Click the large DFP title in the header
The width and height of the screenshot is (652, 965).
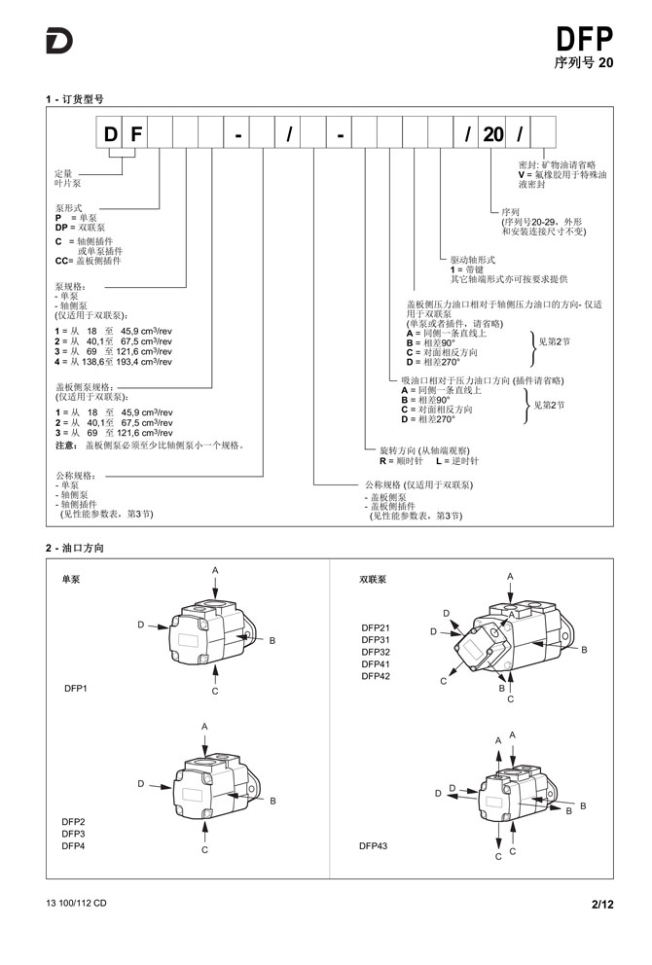(584, 39)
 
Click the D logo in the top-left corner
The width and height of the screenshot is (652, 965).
(59, 41)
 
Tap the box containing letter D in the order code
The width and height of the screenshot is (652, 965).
(110, 133)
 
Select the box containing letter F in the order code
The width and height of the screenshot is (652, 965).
(135, 133)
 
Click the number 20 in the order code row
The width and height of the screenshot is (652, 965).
(493, 133)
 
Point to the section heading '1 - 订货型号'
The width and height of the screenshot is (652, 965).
(75, 99)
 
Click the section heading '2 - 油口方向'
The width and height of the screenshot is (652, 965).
(75, 548)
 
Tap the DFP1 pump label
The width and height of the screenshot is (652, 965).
(76, 688)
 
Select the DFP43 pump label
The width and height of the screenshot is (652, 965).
(373, 845)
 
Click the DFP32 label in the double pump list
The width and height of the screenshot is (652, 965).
(376, 652)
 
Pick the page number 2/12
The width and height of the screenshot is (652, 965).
(602, 904)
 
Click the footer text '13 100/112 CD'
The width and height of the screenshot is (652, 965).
(76, 903)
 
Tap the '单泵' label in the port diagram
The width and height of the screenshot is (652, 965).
(71, 579)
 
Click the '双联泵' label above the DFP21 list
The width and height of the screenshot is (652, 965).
(373, 579)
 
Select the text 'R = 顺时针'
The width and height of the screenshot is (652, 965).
(402, 461)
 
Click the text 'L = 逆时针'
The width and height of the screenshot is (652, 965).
(456, 461)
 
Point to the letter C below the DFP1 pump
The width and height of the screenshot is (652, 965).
(215, 691)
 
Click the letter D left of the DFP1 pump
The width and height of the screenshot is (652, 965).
(141, 625)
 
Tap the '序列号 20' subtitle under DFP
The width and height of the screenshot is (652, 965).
(584, 62)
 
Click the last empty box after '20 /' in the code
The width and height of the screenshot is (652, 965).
(543, 133)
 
